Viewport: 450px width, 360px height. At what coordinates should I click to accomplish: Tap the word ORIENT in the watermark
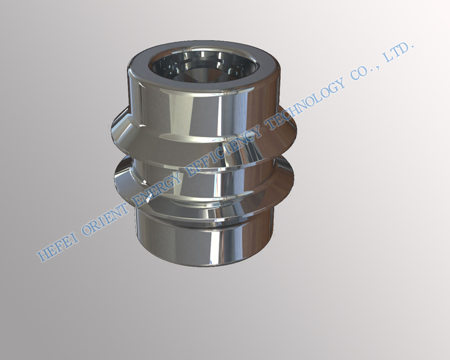click(106, 214)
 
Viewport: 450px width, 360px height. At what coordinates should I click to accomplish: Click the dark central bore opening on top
click(204, 67)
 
